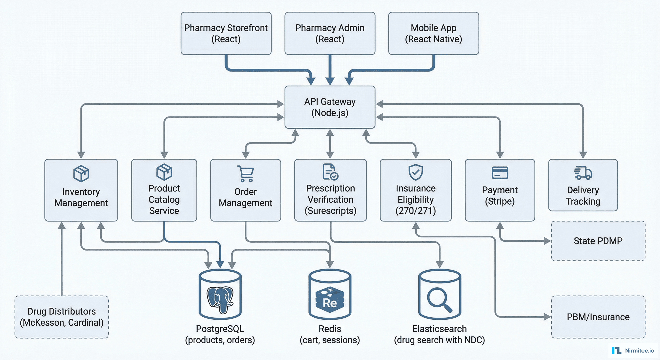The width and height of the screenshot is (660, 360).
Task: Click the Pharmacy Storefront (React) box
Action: (226, 33)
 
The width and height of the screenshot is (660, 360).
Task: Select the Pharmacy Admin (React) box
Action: (330, 33)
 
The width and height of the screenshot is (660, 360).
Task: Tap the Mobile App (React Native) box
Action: (434, 33)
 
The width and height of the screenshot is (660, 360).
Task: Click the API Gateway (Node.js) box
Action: (330, 107)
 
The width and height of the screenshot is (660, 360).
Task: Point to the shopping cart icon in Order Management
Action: (246, 174)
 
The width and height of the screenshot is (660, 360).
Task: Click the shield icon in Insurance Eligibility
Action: (416, 172)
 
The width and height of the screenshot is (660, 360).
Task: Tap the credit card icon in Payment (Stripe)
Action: (500, 173)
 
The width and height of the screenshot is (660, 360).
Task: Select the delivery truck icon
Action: (583, 173)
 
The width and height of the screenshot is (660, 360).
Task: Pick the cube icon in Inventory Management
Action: (81, 173)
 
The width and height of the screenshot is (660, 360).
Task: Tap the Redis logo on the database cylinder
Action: (330, 300)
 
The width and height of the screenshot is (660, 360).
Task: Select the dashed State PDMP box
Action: (598, 241)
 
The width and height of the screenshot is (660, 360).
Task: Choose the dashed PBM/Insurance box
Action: (598, 317)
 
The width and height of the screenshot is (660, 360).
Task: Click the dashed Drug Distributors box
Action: (61, 317)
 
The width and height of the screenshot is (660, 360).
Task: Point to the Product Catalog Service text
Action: (164, 199)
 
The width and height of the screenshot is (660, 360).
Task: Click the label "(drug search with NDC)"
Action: (439, 340)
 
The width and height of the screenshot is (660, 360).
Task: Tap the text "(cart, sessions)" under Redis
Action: (330, 340)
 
